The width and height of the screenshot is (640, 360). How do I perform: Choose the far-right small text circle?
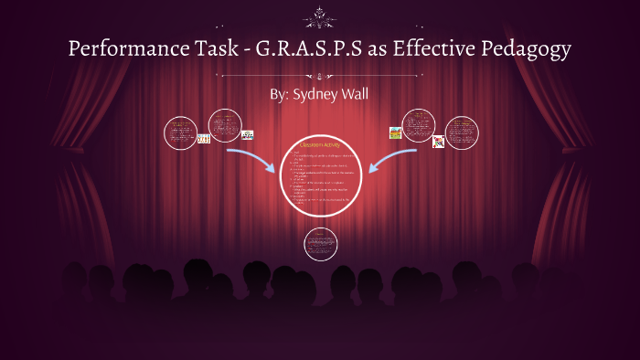(x=461, y=132)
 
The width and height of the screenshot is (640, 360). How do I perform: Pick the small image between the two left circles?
(x=203, y=138)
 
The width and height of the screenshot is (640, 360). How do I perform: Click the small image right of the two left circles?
(x=247, y=135)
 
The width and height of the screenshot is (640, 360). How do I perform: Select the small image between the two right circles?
(x=438, y=142)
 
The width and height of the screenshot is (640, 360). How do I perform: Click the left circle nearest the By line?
(x=224, y=125)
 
